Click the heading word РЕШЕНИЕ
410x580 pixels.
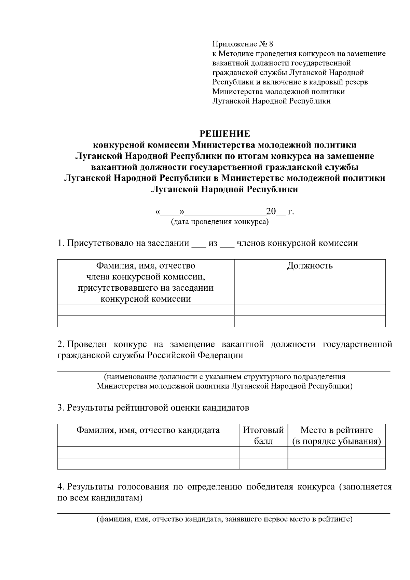(224, 133)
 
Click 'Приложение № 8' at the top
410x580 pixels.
(243, 44)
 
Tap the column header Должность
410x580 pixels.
(310, 266)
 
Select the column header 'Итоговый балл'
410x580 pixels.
(263, 435)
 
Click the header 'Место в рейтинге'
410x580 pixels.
(337, 430)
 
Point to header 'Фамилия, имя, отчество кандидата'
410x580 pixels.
(148, 430)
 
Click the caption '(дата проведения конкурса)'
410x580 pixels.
(220, 222)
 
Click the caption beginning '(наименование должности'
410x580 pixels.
(224, 377)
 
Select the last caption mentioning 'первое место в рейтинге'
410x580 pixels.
(224, 520)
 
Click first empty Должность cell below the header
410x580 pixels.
(310, 310)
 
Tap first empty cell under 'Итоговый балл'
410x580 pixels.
(263, 452)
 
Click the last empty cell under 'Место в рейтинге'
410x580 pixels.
(337, 464)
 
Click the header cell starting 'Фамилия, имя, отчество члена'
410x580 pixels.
(146, 282)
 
